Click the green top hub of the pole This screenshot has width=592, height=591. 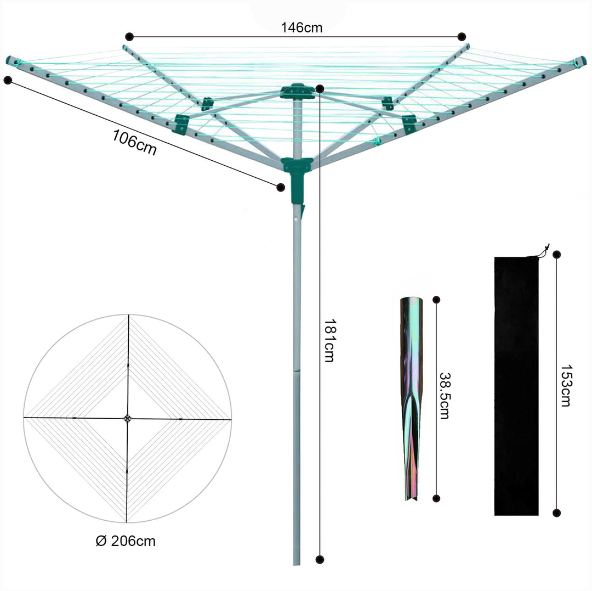pyautogui.click(x=297, y=91)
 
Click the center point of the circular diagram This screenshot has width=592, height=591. pyautogui.click(x=128, y=419)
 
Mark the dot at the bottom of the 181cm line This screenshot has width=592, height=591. pyautogui.click(x=320, y=560)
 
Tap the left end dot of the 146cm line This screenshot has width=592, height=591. pyautogui.click(x=129, y=37)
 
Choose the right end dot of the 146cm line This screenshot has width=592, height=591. pyautogui.click(x=462, y=37)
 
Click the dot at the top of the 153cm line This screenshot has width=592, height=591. pyautogui.click(x=557, y=255)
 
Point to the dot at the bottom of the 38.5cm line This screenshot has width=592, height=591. pyautogui.click(x=436, y=498)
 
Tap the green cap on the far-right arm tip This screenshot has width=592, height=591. pyautogui.click(x=580, y=60)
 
